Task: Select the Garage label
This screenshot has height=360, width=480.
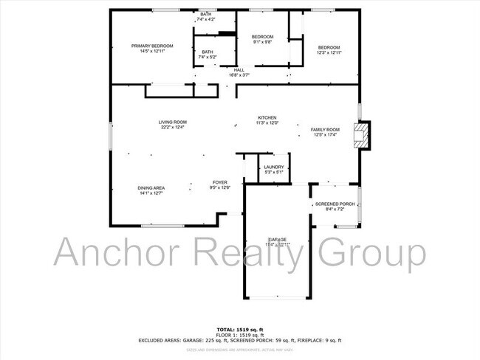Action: point(277,240)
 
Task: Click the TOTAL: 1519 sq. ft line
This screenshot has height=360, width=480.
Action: point(239,328)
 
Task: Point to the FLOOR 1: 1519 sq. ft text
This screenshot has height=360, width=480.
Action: point(239,334)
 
